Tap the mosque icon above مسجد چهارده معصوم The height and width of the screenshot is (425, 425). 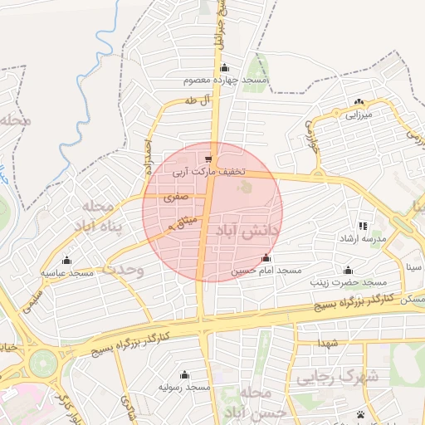(x=223, y=68)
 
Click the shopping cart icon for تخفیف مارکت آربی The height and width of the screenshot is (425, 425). (x=208, y=159)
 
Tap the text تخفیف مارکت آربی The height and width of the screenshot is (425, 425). (x=209, y=172)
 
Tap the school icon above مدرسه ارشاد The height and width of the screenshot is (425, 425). (x=362, y=225)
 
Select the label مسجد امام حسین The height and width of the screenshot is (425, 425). (x=266, y=271)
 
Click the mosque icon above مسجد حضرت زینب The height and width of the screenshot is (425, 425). (x=347, y=270)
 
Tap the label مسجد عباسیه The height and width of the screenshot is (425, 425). (x=67, y=273)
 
